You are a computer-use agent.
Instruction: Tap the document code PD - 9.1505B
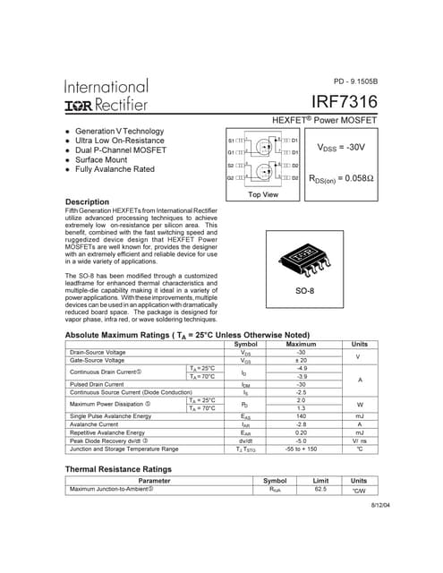[356, 81]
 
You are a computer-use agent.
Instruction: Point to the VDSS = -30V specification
[341, 145]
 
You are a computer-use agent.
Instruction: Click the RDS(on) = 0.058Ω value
[341, 179]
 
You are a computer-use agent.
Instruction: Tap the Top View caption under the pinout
[263, 194]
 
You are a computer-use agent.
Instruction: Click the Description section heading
[88, 201]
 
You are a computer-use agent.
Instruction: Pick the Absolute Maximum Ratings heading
[187, 335]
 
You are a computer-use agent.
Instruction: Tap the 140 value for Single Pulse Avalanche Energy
[301, 416]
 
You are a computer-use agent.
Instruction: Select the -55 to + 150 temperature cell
[301, 449]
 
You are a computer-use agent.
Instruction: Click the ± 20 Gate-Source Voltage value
[301, 360]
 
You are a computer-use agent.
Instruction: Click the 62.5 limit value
[319, 489]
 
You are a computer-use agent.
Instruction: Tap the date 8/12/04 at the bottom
[369, 507]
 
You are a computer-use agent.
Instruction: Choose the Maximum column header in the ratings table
[301, 344]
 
